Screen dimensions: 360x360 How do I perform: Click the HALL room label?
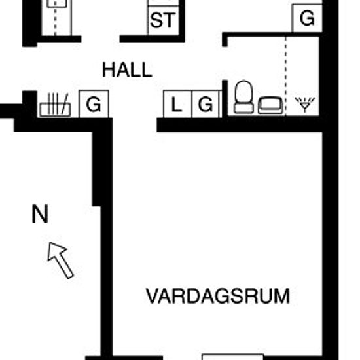point(127,69)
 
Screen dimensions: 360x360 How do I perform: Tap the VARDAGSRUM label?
point(218,296)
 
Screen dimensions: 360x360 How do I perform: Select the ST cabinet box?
point(163,21)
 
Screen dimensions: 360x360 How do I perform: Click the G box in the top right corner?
point(307,18)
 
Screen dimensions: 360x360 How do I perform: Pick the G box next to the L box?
point(206,104)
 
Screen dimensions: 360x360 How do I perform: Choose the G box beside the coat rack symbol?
point(94,104)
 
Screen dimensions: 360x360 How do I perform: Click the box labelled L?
point(177,104)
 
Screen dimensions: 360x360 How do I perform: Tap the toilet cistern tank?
point(243,109)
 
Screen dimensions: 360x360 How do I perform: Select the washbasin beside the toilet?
point(270,105)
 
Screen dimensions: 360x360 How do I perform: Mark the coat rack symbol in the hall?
point(55,105)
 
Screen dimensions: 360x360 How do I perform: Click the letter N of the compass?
point(40,214)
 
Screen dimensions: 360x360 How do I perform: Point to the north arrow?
point(60,261)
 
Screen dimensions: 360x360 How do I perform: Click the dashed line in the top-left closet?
point(55,21)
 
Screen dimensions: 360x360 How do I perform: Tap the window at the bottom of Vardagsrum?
point(232,357)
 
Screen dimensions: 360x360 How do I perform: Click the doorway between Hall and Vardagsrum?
point(135,125)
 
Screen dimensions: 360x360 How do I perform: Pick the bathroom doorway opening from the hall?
point(225,63)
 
